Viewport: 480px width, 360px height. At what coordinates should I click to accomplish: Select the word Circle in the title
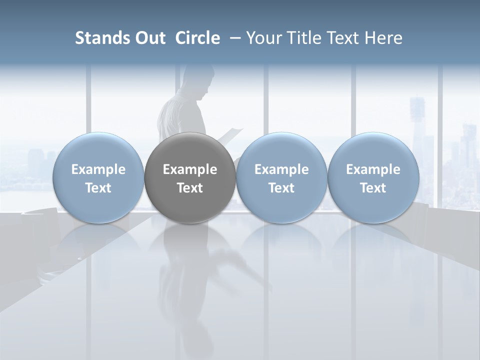tap(197, 38)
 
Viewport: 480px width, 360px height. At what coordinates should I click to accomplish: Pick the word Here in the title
tap(383, 38)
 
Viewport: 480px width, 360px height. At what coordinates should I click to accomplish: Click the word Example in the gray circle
tap(190, 169)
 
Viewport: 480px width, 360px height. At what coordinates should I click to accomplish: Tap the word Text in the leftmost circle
tap(98, 188)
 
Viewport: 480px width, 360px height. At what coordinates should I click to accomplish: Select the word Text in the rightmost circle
tap(373, 188)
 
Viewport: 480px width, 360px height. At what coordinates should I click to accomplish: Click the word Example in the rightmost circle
tap(373, 169)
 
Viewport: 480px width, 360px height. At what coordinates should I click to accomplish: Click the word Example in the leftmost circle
tap(98, 169)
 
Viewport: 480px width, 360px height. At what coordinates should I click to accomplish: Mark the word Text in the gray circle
tap(190, 188)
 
